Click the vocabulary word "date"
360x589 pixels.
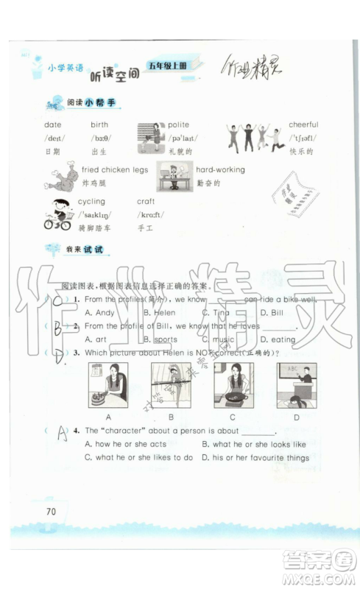point(52,124)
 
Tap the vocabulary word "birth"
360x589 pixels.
point(99,124)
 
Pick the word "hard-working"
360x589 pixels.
point(221,169)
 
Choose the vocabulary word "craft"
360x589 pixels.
point(146,201)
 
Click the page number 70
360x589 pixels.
point(51,512)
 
